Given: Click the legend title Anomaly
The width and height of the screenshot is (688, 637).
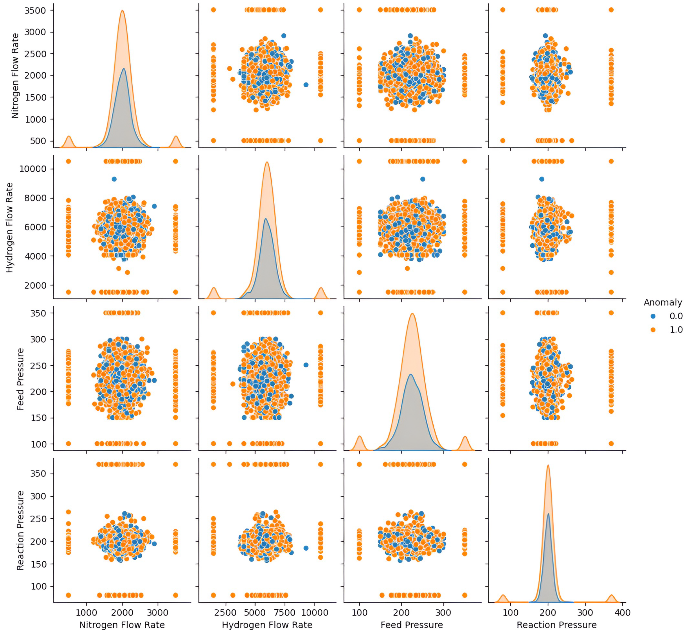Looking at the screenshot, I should pyautogui.click(x=662, y=303).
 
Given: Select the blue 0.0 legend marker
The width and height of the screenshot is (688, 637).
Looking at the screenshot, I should pyautogui.click(x=652, y=316).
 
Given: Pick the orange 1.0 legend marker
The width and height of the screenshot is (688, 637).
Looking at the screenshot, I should pyautogui.click(x=652, y=330).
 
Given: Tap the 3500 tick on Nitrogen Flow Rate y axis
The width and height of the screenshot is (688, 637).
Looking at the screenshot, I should pyautogui.click(x=35, y=10).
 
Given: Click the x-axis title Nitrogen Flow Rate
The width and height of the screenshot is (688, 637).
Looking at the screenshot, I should pyautogui.click(x=122, y=625).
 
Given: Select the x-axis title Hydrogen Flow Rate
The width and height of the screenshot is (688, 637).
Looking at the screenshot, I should pyautogui.click(x=267, y=625).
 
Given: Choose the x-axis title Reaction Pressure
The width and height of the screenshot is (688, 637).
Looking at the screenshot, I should pyautogui.click(x=556, y=625).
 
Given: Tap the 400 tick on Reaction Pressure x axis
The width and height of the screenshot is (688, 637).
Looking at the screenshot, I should pyautogui.click(x=622, y=612).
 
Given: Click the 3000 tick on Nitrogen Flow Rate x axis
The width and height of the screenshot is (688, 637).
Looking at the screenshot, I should pyautogui.click(x=158, y=612).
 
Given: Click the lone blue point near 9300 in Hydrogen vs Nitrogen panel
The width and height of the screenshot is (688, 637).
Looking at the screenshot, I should pyautogui.click(x=114, y=179).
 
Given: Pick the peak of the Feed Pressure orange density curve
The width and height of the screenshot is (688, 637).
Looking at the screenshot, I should pyautogui.click(x=412, y=313).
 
